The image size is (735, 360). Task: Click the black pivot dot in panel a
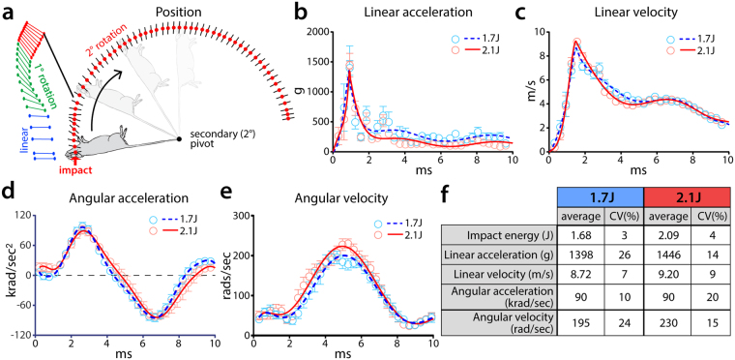[178, 139]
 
